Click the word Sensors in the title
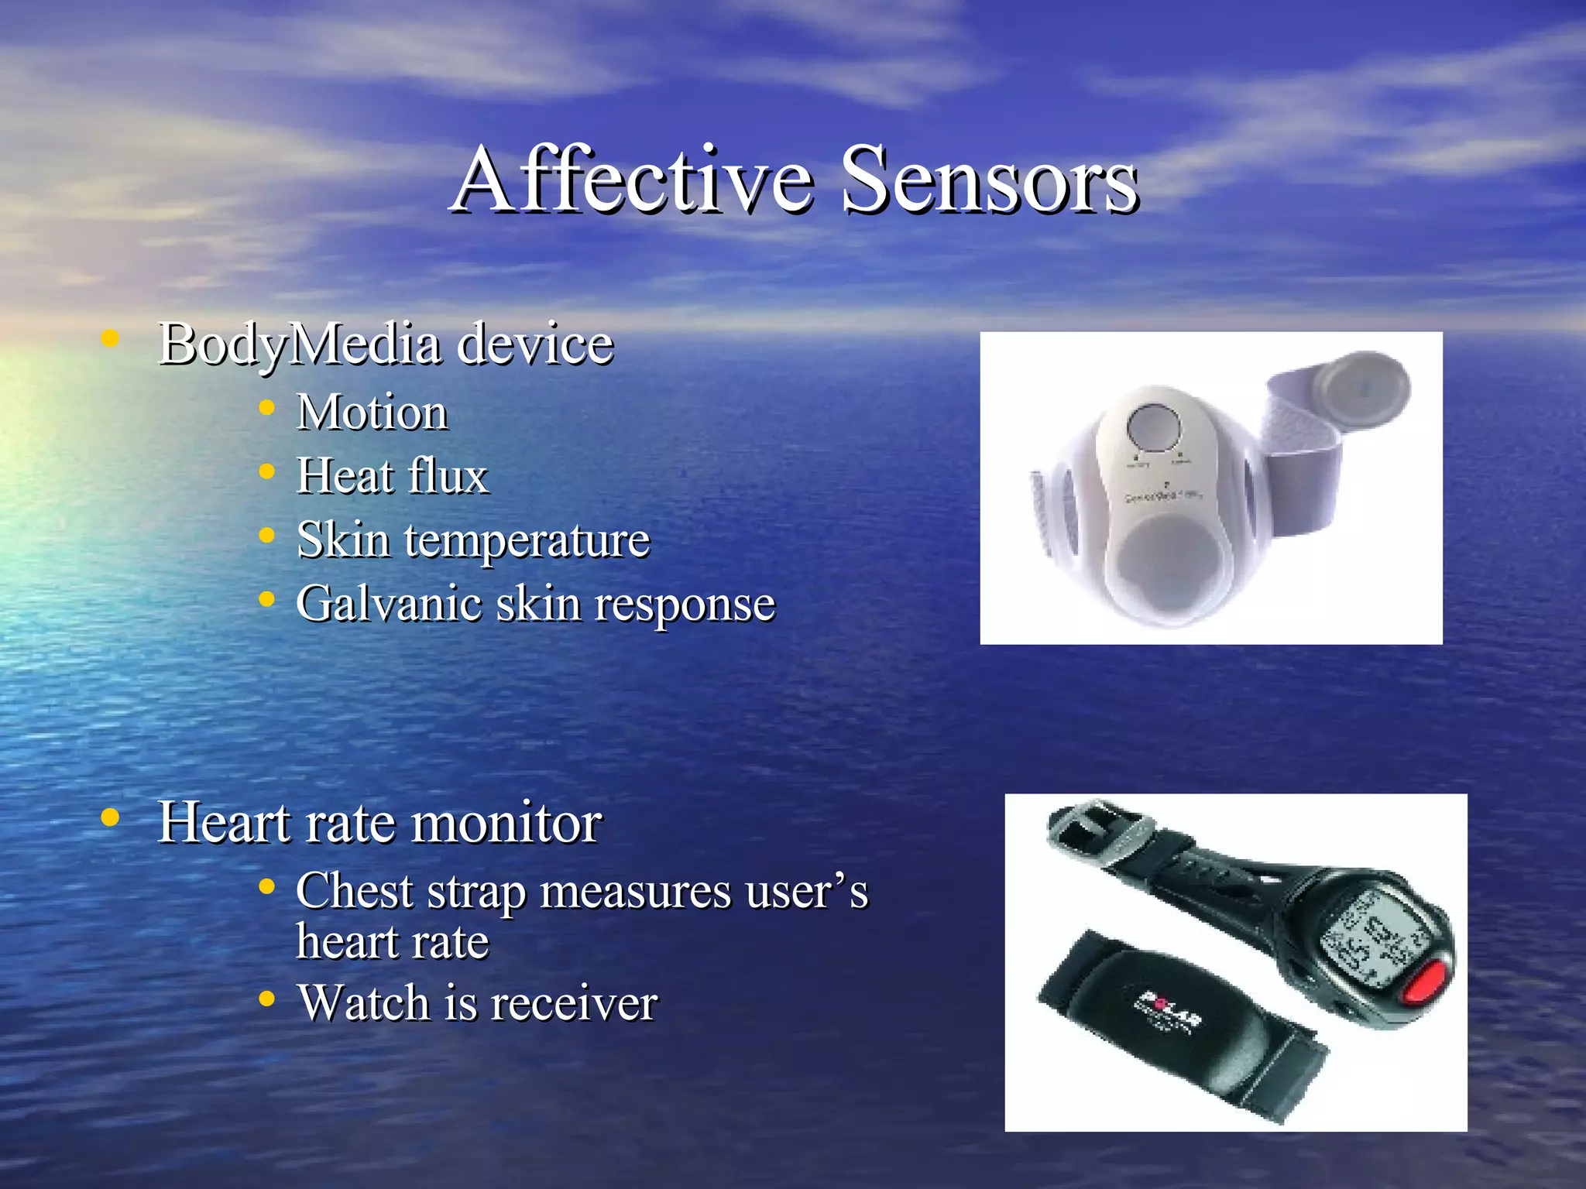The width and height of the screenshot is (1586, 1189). pos(989,180)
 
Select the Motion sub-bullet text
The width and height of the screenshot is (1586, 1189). pos(372,412)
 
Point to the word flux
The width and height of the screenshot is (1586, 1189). pos(448,475)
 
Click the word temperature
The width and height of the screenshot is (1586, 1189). pos(527,540)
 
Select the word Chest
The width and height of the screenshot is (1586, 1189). pos(354,891)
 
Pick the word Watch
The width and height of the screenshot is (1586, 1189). pos(363,1003)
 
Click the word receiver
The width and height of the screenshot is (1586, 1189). pos(573,1003)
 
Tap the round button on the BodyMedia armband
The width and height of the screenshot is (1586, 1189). pos(1154,427)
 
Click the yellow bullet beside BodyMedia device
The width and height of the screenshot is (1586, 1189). pos(111,338)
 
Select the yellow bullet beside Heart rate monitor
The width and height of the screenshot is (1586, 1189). pos(111,817)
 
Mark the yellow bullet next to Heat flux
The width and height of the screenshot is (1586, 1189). pos(267,471)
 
